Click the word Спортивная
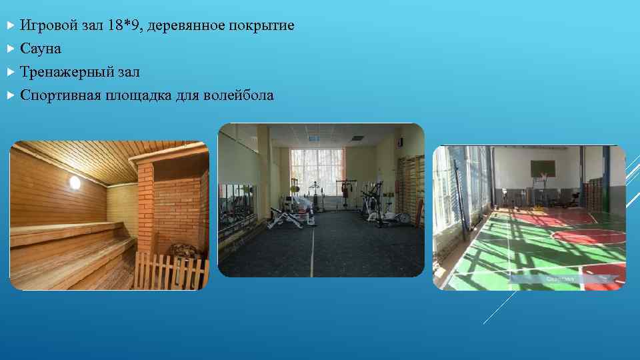point(60,95)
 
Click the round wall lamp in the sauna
point(74,182)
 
